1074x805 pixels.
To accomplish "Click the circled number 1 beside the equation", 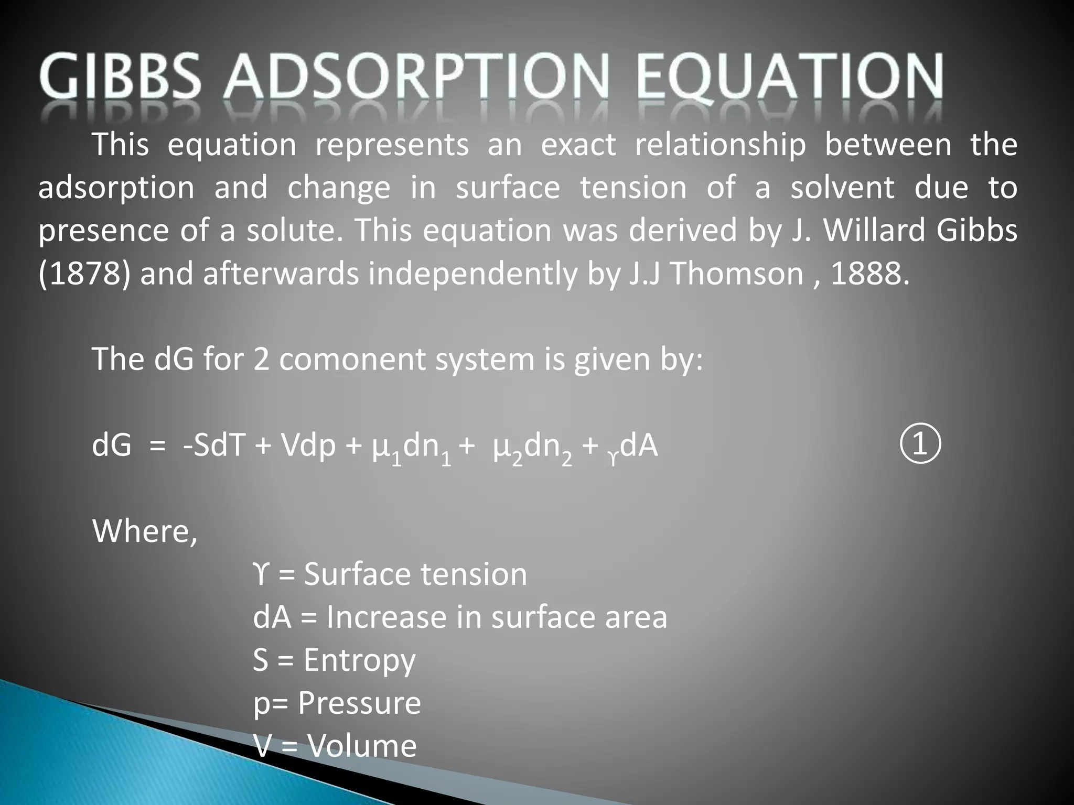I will (921, 445).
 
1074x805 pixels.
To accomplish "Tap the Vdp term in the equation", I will (308, 447).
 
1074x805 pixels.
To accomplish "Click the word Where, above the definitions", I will (145, 531).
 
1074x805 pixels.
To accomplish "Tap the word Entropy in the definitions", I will (359, 661).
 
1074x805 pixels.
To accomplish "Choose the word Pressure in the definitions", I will (359, 703).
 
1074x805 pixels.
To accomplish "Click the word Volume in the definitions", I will (361, 746).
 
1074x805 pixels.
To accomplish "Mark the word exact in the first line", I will (578, 145).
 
